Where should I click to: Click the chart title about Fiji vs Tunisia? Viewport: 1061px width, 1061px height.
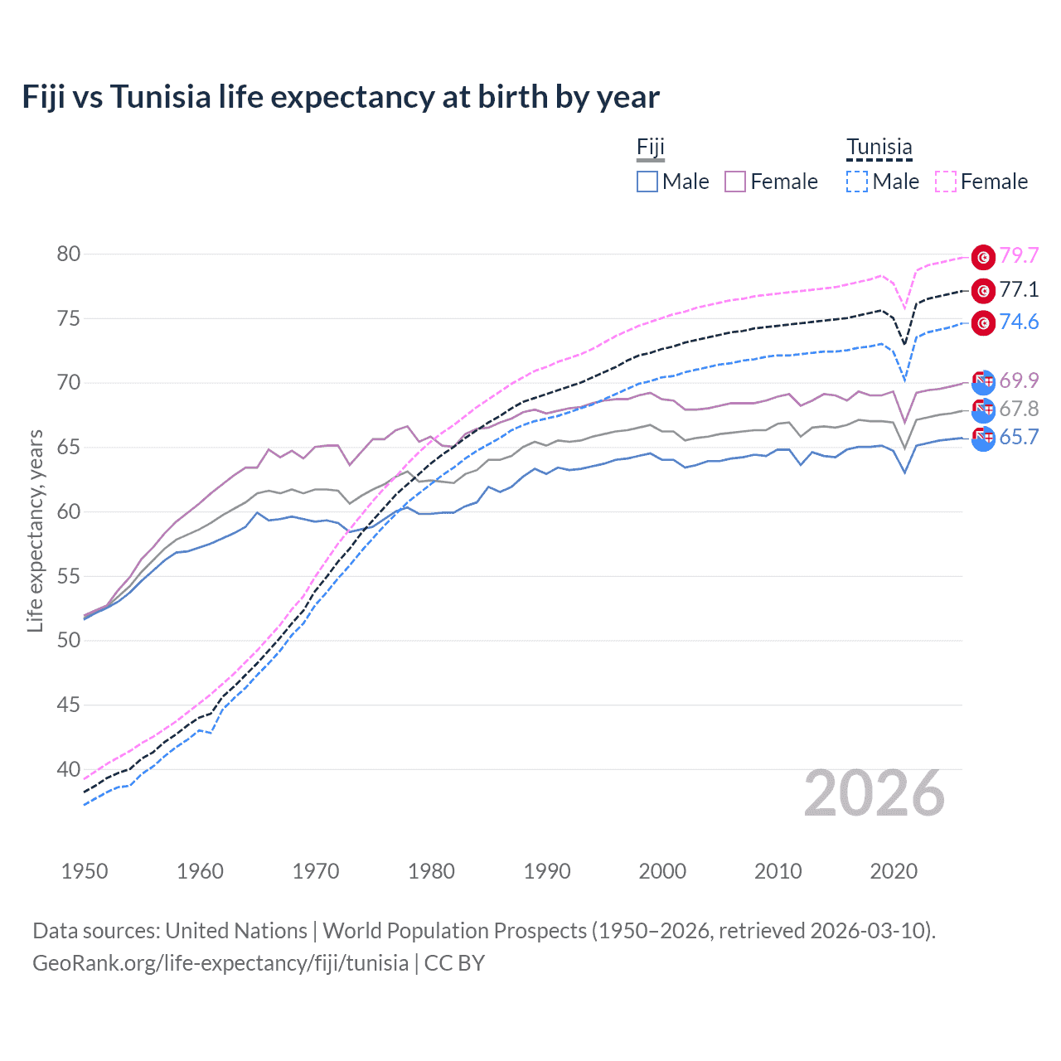click(x=341, y=97)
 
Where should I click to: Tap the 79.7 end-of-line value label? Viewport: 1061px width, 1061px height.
click(x=1019, y=256)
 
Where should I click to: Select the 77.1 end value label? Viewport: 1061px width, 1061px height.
click(x=1019, y=289)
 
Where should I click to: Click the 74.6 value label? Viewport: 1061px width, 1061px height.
click(x=1019, y=322)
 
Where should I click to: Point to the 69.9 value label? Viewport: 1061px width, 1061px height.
click(x=1019, y=380)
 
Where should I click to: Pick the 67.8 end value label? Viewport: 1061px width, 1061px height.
click(x=1019, y=409)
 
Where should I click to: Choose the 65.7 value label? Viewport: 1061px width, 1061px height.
click(x=1019, y=438)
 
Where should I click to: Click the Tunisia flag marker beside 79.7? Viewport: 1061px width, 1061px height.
click(x=983, y=257)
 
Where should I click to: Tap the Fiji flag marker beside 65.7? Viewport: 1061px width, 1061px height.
click(x=983, y=438)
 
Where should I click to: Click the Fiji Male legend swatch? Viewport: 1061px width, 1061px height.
click(x=647, y=182)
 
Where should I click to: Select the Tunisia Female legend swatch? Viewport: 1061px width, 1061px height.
click(x=945, y=182)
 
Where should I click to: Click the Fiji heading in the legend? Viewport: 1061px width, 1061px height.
click(x=651, y=148)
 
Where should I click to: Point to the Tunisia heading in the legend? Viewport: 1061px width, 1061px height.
click(x=879, y=148)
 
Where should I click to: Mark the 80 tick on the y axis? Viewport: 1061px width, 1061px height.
click(x=69, y=254)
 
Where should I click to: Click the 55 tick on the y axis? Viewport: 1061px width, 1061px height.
click(x=69, y=576)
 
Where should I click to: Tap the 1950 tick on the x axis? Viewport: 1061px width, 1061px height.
click(x=85, y=871)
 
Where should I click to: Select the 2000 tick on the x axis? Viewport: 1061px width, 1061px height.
click(x=662, y=871)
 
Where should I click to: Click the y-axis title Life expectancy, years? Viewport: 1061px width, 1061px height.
click(x=35, y=530)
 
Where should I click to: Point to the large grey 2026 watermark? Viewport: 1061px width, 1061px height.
click(x=874, y=794)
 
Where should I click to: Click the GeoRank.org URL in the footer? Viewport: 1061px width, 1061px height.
click(x=220, y=963)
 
